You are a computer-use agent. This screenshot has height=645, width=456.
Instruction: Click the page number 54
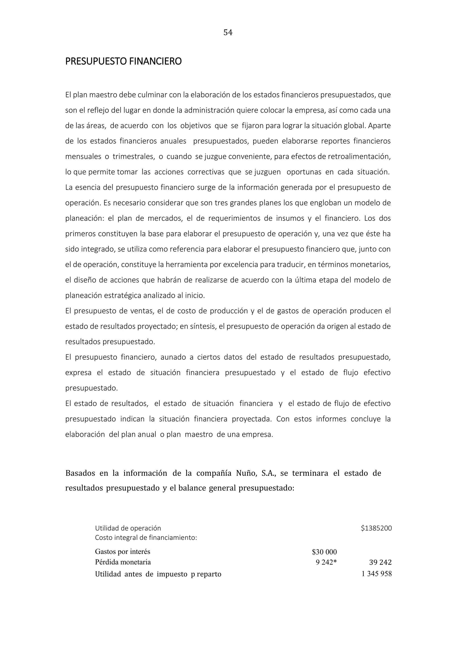pos(228,33)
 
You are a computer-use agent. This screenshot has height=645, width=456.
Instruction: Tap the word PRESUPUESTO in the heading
pos(96,61)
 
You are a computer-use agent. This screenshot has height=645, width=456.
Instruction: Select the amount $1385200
pos(376,528)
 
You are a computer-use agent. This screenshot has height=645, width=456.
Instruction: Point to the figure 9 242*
pos(326,562)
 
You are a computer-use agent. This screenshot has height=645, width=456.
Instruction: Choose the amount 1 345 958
pos(377,574)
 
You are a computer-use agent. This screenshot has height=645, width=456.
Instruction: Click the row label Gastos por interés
pos(123,552)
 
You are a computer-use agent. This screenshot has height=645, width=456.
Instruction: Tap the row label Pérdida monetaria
pos(123,562)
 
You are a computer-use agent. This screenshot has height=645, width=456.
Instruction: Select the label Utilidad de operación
pos(128,528)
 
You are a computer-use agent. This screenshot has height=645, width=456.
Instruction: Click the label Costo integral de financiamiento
pos(146,538)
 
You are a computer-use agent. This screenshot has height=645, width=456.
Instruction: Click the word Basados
pos(80,473)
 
